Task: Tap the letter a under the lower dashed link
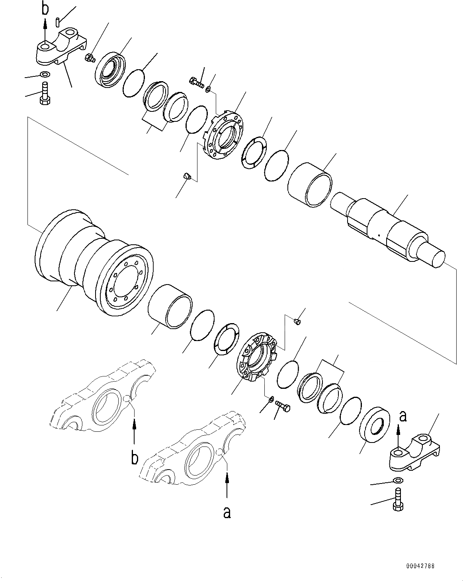pos(227,513)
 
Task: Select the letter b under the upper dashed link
pos(135,458)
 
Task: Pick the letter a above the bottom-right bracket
pos(403,416)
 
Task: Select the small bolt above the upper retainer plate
pos(197,83)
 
